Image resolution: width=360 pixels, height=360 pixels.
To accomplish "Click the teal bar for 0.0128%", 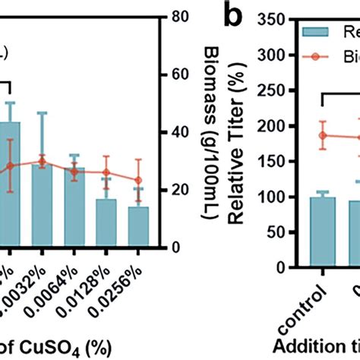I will click(x=106, y=223).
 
